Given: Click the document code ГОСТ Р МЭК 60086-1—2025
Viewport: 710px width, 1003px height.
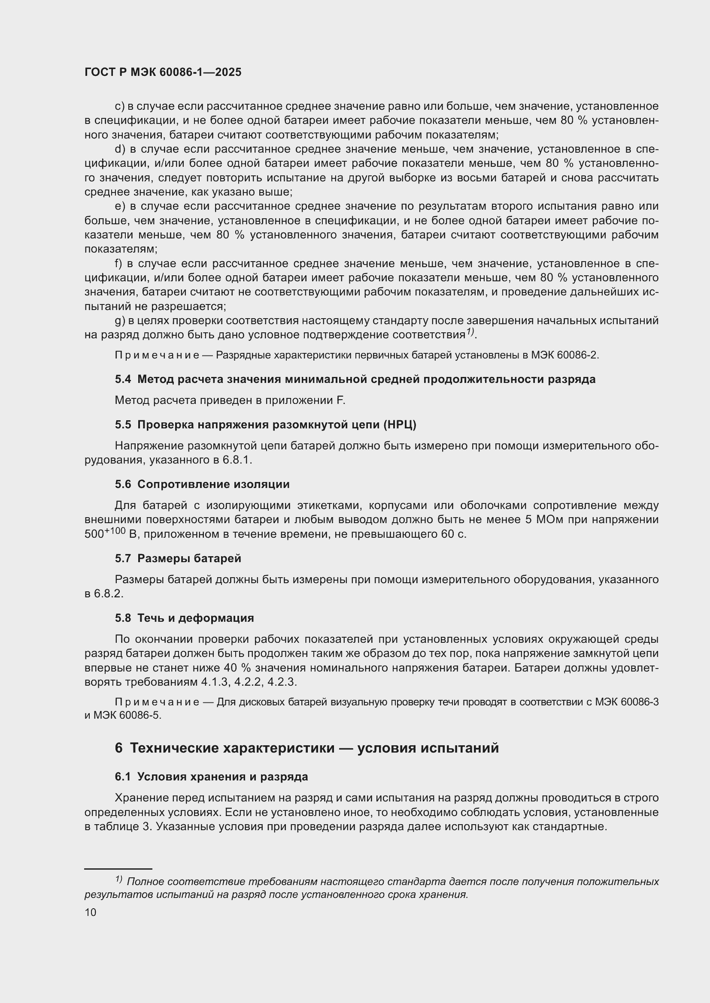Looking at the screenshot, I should (163, 72).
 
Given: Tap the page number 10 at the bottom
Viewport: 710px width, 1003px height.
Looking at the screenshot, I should (91, 912).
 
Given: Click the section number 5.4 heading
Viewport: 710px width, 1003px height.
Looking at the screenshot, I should (123, 379).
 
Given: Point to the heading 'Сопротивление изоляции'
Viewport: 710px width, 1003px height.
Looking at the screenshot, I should (213, 484).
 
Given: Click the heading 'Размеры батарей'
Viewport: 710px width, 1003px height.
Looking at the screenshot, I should (189, 558).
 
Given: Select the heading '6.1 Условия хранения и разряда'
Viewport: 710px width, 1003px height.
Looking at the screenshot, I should (211, 776).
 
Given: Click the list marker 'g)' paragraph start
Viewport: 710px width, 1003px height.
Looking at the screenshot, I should (120, 321).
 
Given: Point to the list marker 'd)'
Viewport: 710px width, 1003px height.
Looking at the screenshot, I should (120, 149).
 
